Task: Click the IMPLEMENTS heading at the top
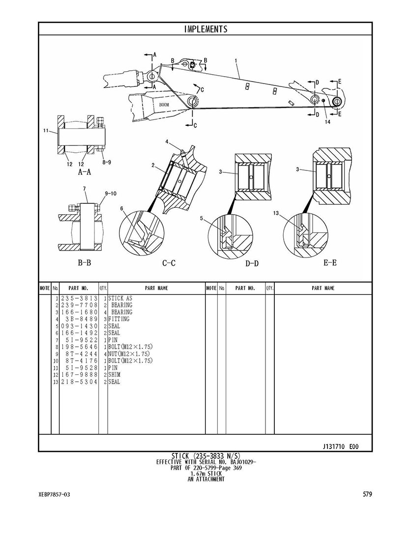click(x=206, y=29)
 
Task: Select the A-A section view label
click(x=85, y=172)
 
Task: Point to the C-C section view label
click(x=169, y=263)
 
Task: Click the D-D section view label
click(x=252, y=264)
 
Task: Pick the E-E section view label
click(x=330, y=263)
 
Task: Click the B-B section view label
click(x=85, y=263)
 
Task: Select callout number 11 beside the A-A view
click(x=46, y=131)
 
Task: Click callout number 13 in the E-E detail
click(x=276, y=213)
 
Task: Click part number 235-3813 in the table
click(x=79, y=298)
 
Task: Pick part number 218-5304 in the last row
click(x=79, y=382)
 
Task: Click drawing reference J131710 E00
click(x=341, y=447)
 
